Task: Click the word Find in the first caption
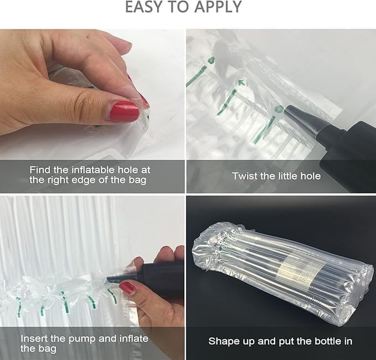(x=40, y=170)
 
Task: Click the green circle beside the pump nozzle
(x=279, y=108)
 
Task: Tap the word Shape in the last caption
(x=221, y=341)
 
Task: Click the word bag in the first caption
(x=138, y=180)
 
